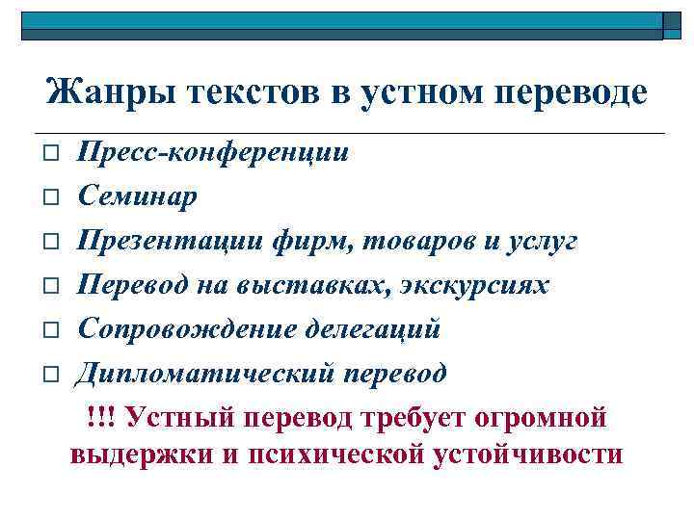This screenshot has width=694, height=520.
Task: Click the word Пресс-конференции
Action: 213,152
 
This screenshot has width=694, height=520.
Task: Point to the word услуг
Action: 545,241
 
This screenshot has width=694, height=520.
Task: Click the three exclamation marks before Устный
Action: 98,417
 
